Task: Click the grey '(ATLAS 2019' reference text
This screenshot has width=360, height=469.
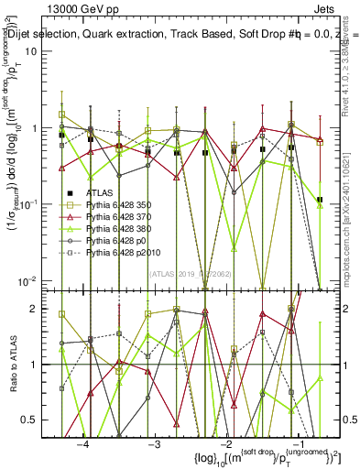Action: point(174,272)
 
